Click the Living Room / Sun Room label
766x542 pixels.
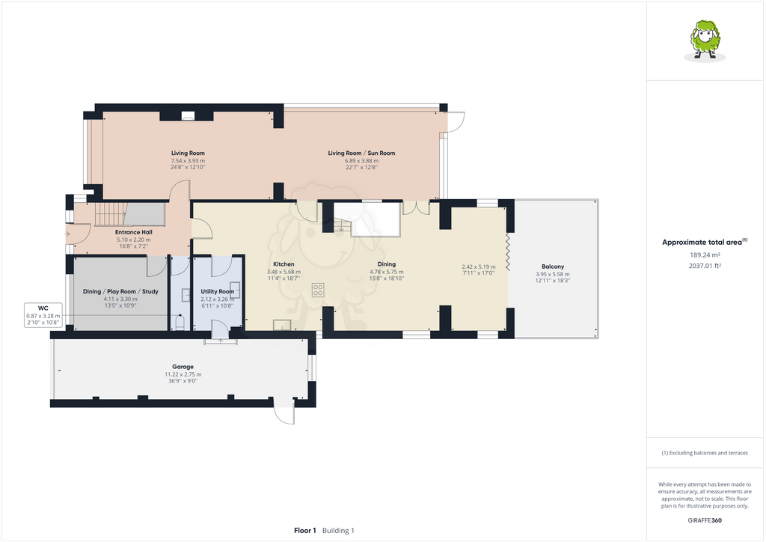(x=361, y=153)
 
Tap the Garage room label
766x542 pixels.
(x=183, y=367)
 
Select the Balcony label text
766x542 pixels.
(x=553, y=267)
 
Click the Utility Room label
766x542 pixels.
(x=218, y=291)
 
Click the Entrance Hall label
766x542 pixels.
(x=133, y=232)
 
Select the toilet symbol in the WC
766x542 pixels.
(x=179, y=322)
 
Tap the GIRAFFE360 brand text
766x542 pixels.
(x=705, y=520)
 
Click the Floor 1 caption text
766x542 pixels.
(x=304, y=530)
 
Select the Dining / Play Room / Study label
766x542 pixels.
(x=120, y=291)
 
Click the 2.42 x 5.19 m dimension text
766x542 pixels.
(x=478, y=267)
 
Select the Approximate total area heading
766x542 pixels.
(x=703, y=242)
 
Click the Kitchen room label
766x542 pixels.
(x=284, y=264)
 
